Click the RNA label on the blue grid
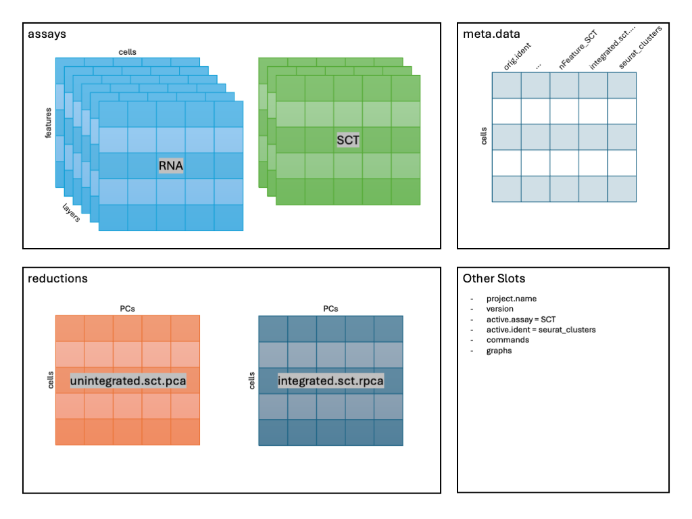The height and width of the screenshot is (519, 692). pos(171,166)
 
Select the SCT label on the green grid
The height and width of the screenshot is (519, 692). pos(348,141)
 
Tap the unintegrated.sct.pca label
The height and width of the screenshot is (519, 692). pos(128,381)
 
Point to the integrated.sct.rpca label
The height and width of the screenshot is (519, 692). pos(330,381)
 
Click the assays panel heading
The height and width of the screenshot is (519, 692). pos(47,34)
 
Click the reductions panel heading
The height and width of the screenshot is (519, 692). pos(57,278)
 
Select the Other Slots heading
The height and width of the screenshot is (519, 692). pos(493,278)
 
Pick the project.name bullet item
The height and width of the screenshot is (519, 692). pos(511,299)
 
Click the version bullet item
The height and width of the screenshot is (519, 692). pos(500,309)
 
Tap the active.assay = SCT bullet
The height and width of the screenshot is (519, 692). pos(520,319)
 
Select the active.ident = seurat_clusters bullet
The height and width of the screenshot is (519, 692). pos(541,330)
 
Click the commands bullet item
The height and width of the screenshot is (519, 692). pos(508,340)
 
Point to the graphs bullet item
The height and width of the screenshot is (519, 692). pos(499,351)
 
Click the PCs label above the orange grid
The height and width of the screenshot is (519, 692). pos(128,308)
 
